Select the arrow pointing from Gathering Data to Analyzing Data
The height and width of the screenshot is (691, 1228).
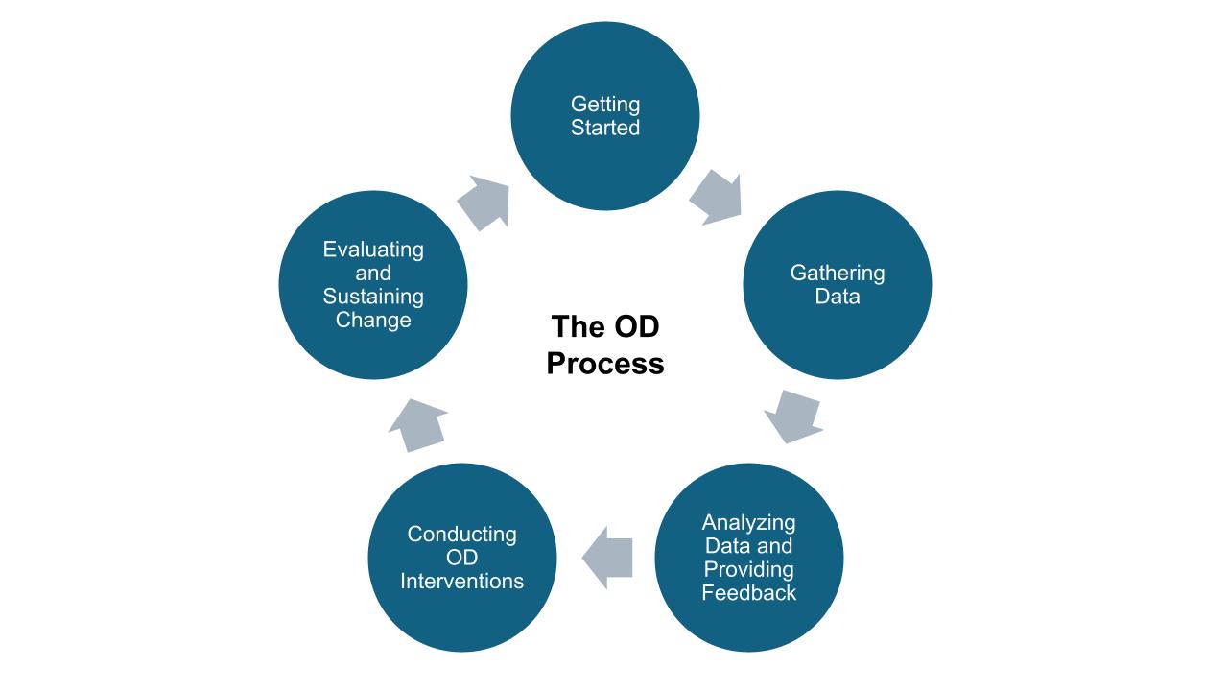794,416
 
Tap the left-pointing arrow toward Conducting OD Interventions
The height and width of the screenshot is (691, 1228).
607,558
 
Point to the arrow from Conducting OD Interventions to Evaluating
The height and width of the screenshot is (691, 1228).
418,424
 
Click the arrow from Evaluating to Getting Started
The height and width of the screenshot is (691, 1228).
483,203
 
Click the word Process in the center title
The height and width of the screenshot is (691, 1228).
604,365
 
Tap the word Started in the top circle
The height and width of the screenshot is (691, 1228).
604,128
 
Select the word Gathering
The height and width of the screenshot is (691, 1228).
837,273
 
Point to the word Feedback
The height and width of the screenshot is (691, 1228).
748,593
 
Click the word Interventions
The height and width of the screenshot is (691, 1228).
461,582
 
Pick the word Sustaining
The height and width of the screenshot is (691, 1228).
373,297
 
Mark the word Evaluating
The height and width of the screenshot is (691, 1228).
373,250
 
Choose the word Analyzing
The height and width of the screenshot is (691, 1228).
748,523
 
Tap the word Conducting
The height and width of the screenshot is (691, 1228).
461,534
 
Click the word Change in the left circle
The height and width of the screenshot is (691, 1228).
373,320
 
